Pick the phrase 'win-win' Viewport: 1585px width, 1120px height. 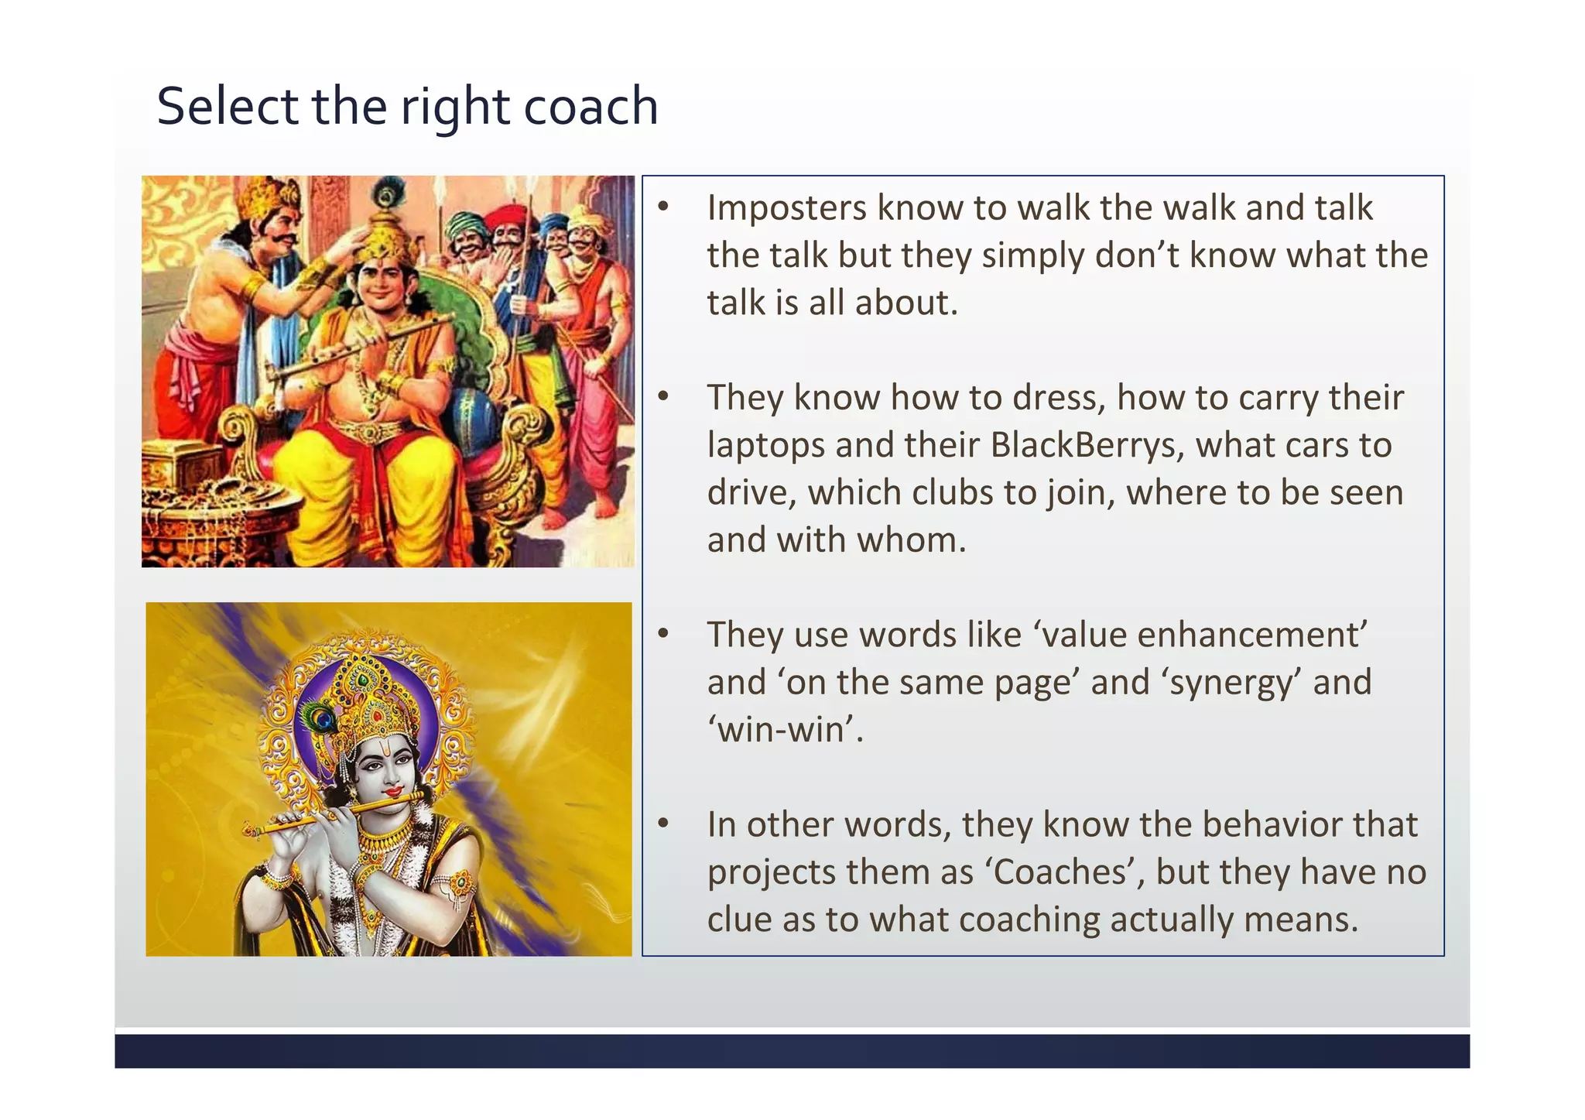click(785, 730)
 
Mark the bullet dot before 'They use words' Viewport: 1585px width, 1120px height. click(663, 634)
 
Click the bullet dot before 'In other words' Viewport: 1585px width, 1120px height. click(663, 824)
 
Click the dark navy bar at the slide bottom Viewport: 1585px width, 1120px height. click(792, 1050)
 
